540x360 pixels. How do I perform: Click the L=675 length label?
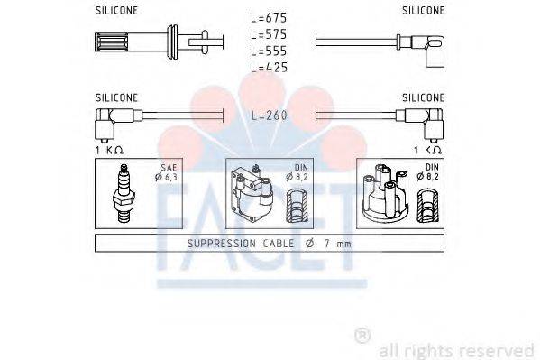click(270, 17)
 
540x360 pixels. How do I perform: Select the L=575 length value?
click(270, 34)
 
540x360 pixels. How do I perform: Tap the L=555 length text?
click(270, 51)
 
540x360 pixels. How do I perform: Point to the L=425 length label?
click(270, 68)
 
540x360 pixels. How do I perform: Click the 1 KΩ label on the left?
click(108, 149)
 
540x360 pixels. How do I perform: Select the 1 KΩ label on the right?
click(426, 149)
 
